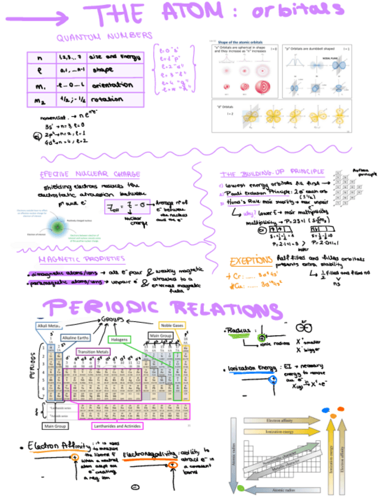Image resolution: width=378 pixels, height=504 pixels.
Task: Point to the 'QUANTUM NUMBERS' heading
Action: pyautogui.click(x=105, y=39)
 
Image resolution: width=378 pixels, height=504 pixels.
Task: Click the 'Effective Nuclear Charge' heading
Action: pyautogui.click(x=90, y=174)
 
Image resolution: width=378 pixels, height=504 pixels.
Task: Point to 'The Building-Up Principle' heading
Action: pyautogui.click(x=257, y=174)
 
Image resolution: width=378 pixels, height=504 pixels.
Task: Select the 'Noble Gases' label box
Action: pyautogui.click(x=172, y=326)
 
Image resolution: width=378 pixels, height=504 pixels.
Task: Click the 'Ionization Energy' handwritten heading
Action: pyautogui.click(x=250, y=369)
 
